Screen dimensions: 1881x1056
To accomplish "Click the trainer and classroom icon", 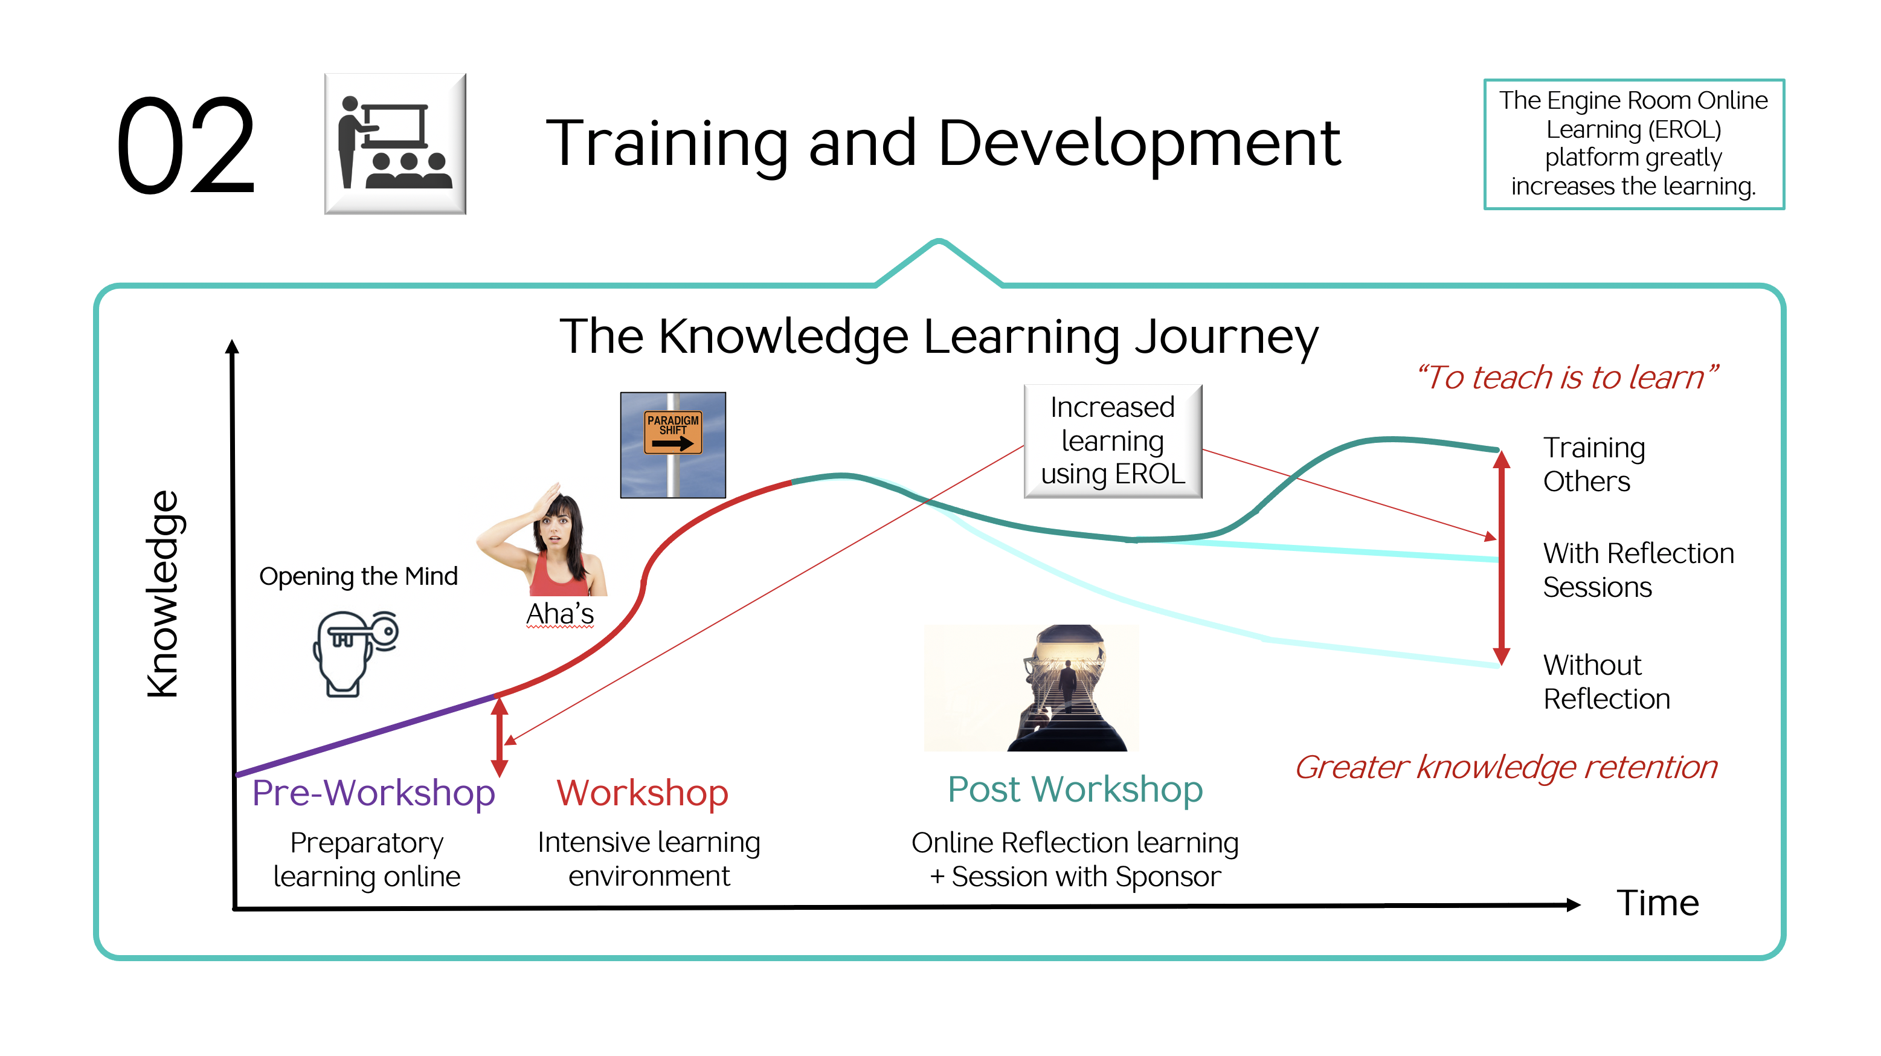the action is [x=395, y=144].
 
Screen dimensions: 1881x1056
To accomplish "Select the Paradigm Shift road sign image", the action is [x=672, y=445].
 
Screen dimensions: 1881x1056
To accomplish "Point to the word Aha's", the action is [x=560, y=614].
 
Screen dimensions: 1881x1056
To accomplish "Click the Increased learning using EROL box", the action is [x=1113, y=441].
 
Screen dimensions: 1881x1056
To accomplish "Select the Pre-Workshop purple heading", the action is [x=373, y=793].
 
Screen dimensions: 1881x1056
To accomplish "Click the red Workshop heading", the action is [x=643, y=793].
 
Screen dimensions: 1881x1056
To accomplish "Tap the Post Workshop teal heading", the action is [x=1075, y=790].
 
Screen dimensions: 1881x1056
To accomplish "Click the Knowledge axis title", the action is [x=162, y=594].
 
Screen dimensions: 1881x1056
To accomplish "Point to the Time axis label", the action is [x=1658, y=903].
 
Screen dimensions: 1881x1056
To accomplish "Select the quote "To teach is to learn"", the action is [x=1566, y=378].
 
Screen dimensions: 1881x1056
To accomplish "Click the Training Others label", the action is [x=1594, y=465].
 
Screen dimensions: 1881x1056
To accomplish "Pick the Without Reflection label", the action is [x=1606, y=682].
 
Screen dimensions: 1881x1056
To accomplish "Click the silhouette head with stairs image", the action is [x=1031, y=688].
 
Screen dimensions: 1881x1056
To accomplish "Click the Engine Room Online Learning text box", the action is [x=1634, y=144].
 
